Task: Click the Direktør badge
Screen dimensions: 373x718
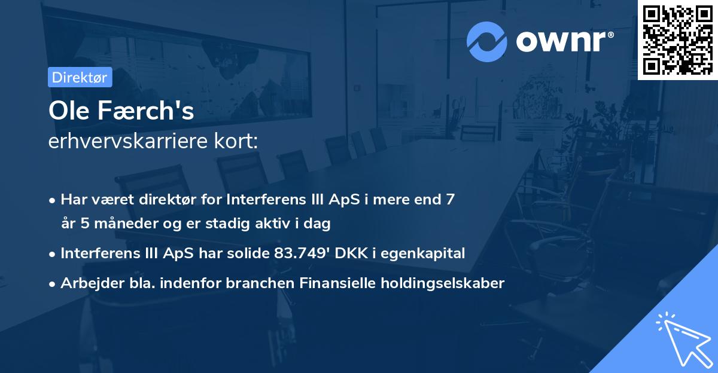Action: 80,77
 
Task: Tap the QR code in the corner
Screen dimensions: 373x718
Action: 677,39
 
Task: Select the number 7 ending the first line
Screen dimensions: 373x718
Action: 449,199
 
